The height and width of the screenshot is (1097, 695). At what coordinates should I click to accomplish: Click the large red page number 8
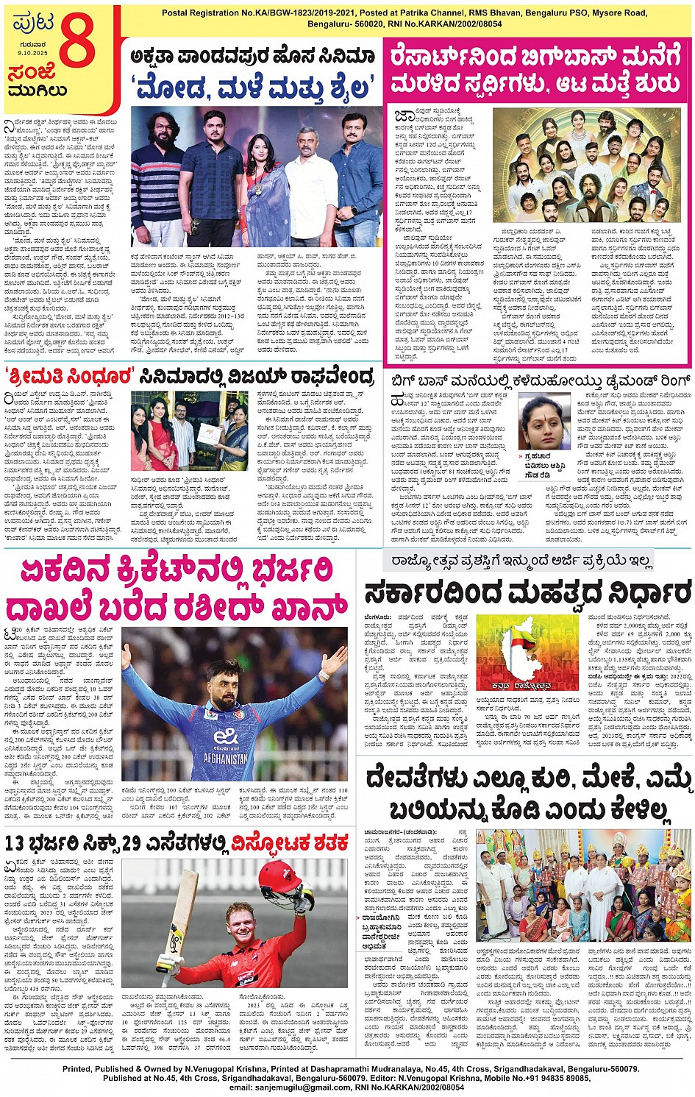click(76, 41)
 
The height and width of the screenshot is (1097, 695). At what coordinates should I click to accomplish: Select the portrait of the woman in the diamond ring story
click(543, 422)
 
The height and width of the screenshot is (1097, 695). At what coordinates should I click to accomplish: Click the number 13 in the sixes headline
click(16, 843)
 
